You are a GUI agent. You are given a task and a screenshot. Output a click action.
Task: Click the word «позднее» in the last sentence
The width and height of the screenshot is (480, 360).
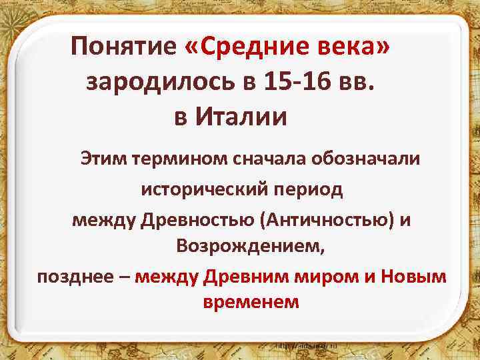coord(74,276)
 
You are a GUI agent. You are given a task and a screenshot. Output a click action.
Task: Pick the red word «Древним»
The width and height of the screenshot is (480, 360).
coord(241,276)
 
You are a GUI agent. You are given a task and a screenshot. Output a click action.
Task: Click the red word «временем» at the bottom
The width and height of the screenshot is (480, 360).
coord(250,302)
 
